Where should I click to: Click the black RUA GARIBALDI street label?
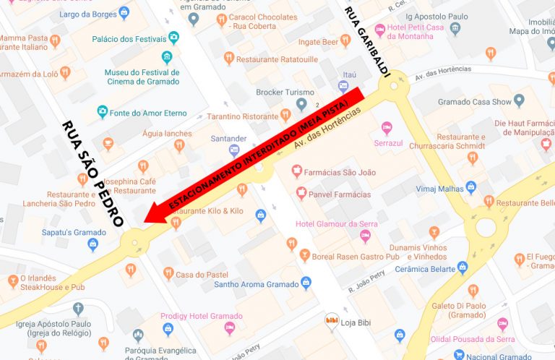click(x=367, y=41)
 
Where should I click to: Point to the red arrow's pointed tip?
click(x=145, y=221)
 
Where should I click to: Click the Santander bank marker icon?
click(x=233, y=150)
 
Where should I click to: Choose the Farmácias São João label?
click(x=338, y=171)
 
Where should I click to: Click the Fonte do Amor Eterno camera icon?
click(x=103, y=112)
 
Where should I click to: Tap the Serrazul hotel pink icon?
click(x=386, y=128)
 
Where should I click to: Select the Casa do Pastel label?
click(x=202, y=275)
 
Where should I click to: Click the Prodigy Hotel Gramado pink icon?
click(x=230, y=330)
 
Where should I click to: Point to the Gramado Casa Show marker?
click(x=518, y=100)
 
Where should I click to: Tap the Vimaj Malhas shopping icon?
click(x=471, y=187)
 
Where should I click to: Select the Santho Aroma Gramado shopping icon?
click(x=306, y=283)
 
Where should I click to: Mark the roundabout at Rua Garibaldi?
click(x=394, y=89)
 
